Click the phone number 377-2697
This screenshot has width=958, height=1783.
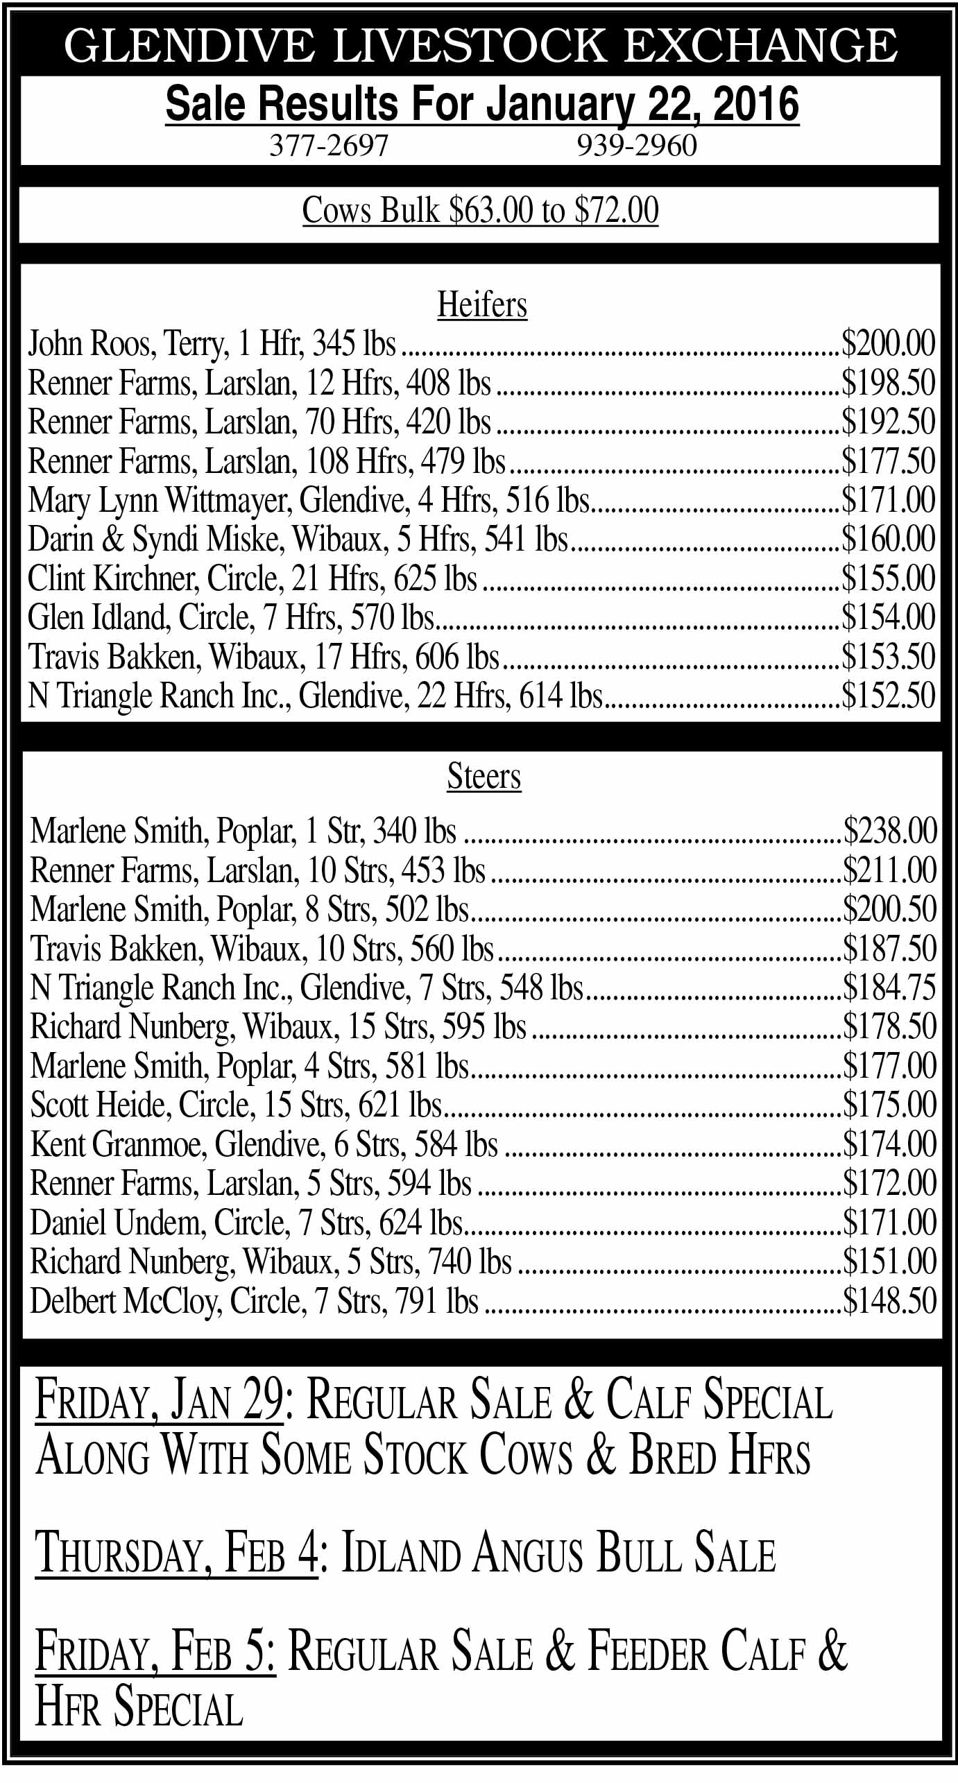pyautogui.click(x=328, y=146)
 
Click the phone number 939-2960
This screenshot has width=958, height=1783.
pyautogui.click(x=637, y=146)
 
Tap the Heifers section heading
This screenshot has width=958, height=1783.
pyautogui.click(x=482, y=304)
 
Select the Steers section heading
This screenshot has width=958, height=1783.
pyautogui.click(x=484, y=776)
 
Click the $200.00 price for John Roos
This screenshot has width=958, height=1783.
pyautogui.click(x=888, y=343)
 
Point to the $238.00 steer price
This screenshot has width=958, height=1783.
pyautogui.click(x=890, y=831)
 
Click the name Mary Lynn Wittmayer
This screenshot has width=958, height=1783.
pyautogui.click(x=160, y=500)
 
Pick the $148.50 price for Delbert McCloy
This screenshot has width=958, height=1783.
pyautogui.click(x=890, y=1301)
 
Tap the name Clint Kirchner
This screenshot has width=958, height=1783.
pyautogui.click(x=112, y=578)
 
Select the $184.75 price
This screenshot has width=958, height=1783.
pyautogui.click(x=890, y=988)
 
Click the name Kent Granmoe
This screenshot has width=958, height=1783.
pyautogui.click(x=118, y=1144)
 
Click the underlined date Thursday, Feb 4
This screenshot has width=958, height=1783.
pyautogui.click(x=176, y=1553)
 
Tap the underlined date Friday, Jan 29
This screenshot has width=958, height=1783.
pyautogui.click(x=159, y=1399)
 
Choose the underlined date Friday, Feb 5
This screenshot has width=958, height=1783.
pyautogui.click(x=155, y=1653)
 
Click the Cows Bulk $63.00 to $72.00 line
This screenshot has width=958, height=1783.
pyautogui.click(x=480, y=211)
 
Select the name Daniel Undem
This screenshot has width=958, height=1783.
pyautogui.click(x=117, y=1223)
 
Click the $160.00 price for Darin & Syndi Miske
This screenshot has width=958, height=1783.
pyautogui.click(x=888, y=540)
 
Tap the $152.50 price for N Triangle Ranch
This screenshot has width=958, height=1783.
pyautogui.click(x=888, y=696)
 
